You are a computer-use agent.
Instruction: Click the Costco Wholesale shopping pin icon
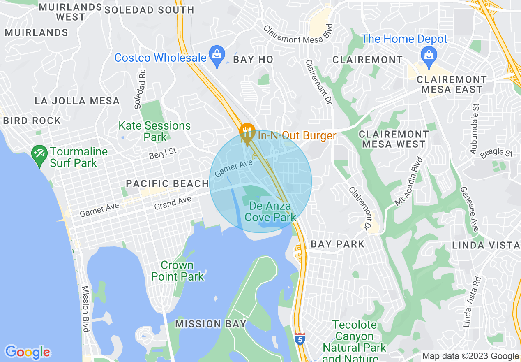coord(216,54)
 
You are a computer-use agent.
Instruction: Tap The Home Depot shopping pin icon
coord(429,55)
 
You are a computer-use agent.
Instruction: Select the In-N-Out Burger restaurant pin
coord(247,133)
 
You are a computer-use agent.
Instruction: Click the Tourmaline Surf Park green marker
coord(39,155)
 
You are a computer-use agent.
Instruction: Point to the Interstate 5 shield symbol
coord(300,339)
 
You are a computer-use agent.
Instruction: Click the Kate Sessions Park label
coord(154,131)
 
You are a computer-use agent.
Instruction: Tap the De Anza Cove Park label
coord(270,211)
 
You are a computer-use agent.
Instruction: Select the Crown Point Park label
coord(178,271)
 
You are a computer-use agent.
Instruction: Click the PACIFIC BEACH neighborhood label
coord(167,183)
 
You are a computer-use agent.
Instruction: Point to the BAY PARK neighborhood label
coord(338,244)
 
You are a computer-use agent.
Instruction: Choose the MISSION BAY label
coord(211,324)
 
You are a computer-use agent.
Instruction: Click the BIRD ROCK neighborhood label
coord(32,121)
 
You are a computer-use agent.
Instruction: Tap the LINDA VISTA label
coord(486,245)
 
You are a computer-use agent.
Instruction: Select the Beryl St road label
coord(163,153)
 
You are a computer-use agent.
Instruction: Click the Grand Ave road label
coord(173,203)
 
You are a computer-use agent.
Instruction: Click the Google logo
coord(28,352)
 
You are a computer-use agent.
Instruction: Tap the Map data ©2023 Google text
coord(470,356)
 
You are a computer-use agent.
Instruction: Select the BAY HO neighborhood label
coord(253,59)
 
